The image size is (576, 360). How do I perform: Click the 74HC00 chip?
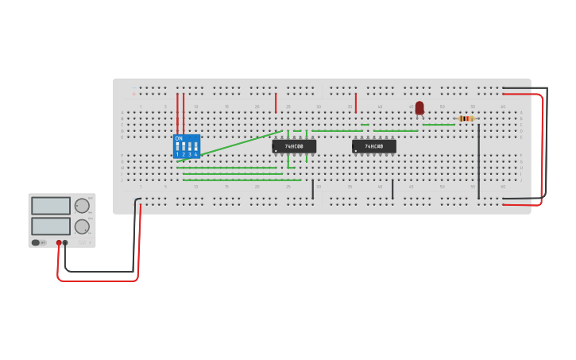tap(294, 146)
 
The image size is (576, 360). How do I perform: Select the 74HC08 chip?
tap(373, 146)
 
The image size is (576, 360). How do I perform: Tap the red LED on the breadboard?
tap(419, 107)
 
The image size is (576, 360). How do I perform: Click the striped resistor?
tap(466, 118)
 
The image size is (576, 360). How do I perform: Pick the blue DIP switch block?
tap(187, 147)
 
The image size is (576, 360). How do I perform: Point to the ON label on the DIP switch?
tap(179, 138)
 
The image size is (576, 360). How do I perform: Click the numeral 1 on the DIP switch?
tap(177, 154)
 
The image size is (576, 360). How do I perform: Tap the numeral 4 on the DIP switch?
tap(195, 154)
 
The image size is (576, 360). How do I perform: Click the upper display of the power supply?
tap(51, 206)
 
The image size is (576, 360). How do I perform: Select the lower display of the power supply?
tap(51, 226)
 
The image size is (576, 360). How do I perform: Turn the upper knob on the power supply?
tap(82, 206)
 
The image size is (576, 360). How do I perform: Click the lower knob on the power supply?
tap(82, 226)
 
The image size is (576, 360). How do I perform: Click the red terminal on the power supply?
tap(59, 242)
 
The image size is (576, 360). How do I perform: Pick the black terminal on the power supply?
tap(65, 242)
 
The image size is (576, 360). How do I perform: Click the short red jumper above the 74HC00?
tap(276, 103)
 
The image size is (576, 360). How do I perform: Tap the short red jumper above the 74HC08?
tap(355, 103)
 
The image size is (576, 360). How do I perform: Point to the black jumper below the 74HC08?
tap(392, 189)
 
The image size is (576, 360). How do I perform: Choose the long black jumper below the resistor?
tap(478, 159)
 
